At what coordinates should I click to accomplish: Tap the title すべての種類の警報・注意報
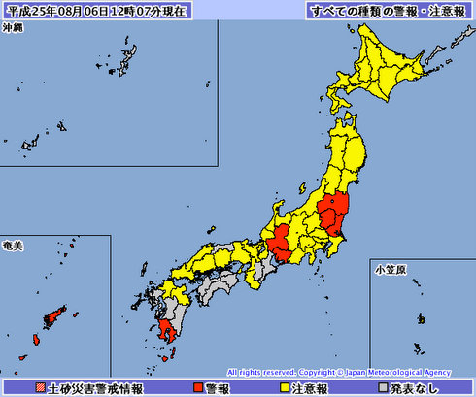point(386,11)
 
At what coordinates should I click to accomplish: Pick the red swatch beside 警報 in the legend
point(198,388)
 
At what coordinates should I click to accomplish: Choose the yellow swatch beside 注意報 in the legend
point(285,388)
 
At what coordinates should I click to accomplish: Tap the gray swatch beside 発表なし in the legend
point(384,388)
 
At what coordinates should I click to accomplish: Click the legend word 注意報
point(313,388)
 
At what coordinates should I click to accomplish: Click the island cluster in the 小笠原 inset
point(421,319)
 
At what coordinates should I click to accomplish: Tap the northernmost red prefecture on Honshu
point(333,210)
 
